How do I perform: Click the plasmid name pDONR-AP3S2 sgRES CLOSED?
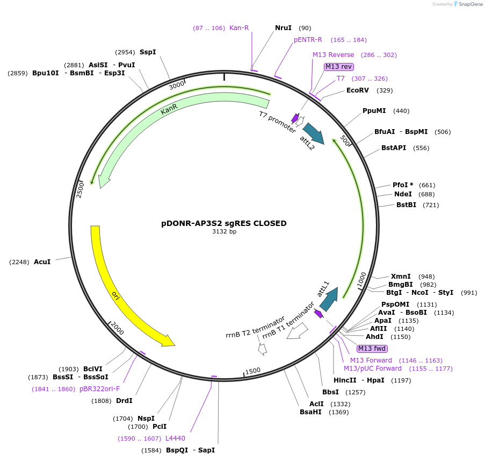click(x=223, y=223)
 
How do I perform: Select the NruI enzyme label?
click(x=283, y=28)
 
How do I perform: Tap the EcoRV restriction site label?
click(x=358, y=90)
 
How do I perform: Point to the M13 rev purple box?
click(x=339, y=67)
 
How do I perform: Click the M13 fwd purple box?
click(x=372, y=349)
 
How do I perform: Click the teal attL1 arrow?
click(x=329, y=299)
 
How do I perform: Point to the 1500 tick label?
click(x=253, y=371)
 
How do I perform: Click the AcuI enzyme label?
click(x=42, y=262)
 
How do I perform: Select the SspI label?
click(x=148, y=52)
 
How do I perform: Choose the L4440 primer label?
click(x=176, y=438)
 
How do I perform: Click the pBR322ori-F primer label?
click(x=99, y=389)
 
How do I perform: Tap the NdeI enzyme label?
click(x=403, y=194)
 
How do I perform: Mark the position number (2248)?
click(x=19, y=262)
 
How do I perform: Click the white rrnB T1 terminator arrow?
click(x=297, y=331)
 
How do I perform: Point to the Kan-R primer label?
click(x=239, y=28)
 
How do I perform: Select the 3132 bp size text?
click(x=225, y=231)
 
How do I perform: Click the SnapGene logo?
click(x=468, y=4)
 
